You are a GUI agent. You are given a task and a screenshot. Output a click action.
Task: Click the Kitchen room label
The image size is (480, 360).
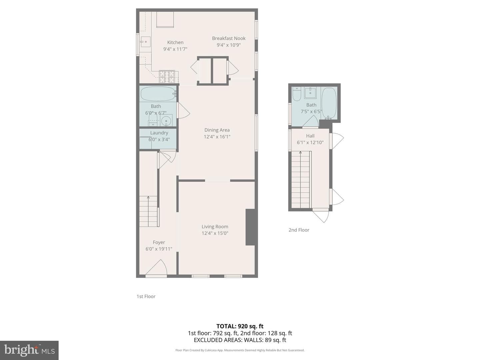(175, 42)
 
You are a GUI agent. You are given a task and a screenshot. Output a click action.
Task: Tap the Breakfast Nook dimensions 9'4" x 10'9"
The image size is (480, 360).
(229, 45)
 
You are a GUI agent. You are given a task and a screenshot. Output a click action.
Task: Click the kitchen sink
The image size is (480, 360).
(145, 42)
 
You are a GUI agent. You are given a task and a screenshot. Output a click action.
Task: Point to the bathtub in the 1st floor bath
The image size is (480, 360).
(158, 94)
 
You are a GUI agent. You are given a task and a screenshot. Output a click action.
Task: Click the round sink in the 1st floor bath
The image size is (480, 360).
(166, 121)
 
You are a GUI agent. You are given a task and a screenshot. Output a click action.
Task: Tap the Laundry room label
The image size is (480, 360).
(159, 133)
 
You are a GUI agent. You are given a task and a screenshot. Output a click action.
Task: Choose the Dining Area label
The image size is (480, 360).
(217, 130)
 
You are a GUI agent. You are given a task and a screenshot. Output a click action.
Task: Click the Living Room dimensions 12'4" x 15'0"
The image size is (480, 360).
(215, 233)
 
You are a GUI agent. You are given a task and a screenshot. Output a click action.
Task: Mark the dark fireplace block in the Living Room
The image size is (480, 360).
(250, 227)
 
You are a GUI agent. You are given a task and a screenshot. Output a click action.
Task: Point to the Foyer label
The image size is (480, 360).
(159, 242)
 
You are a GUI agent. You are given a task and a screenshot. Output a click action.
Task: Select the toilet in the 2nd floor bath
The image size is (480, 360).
(297, 94)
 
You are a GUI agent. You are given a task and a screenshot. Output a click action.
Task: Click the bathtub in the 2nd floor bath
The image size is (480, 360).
(329, 103)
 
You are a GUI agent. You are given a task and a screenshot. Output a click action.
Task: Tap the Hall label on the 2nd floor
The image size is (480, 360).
(310, 136)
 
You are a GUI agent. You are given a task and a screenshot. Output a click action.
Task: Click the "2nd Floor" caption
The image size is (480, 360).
(299, 230)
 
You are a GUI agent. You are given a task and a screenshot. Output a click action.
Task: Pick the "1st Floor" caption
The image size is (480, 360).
(146, 296)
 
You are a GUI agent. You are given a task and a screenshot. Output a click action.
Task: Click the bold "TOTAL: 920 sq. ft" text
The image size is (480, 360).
(240, 326)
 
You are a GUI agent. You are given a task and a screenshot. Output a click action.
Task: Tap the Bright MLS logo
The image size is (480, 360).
(29, 350)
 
